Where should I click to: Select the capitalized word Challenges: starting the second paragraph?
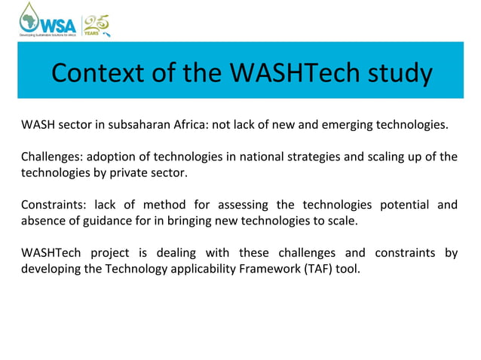point(51,157)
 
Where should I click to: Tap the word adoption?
point(113,157)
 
